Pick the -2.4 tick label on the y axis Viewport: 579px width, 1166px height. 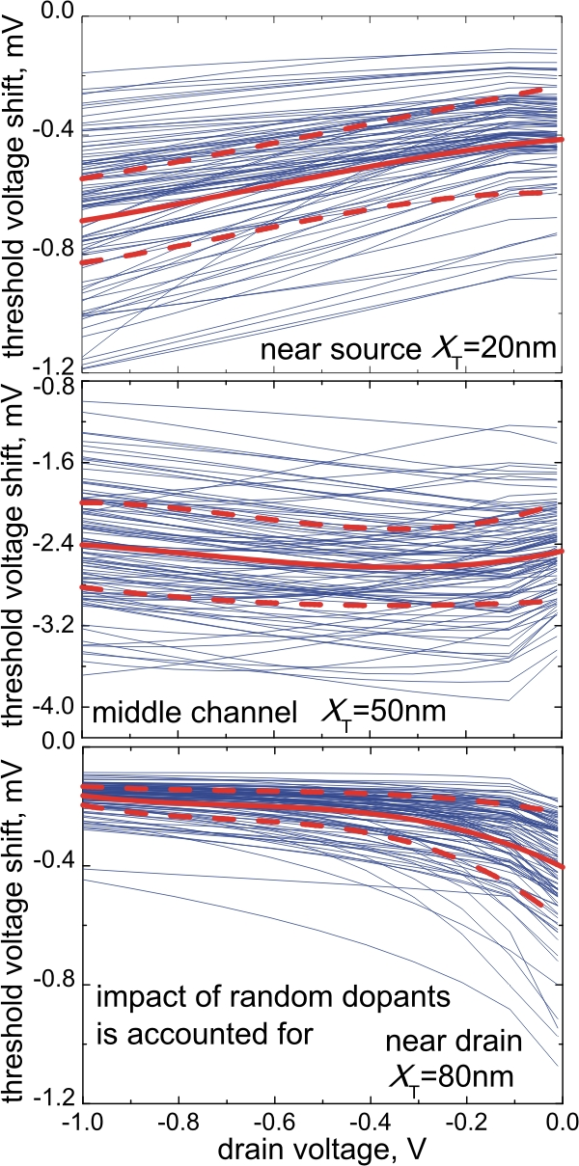[x=55, y=545]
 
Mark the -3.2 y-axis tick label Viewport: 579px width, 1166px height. [x=55, y=627]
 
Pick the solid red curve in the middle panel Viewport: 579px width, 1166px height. [x=289, y=561]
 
